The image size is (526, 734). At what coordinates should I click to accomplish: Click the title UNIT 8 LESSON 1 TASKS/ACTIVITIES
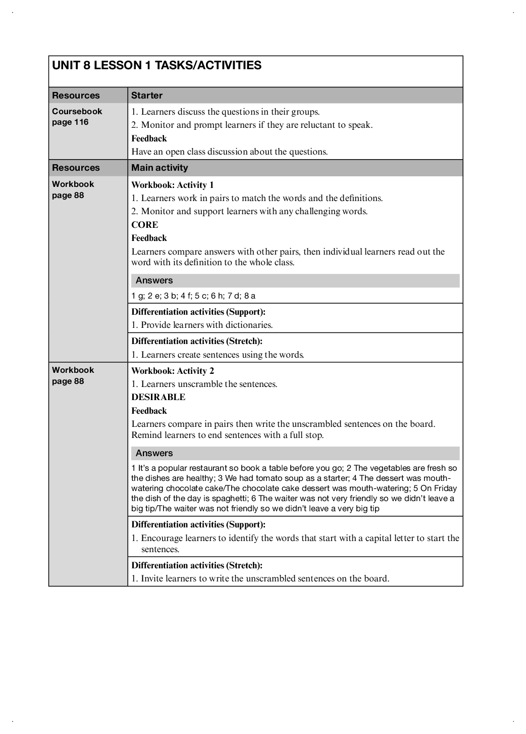point(156,65)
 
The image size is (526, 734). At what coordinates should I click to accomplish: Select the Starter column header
point(146,95)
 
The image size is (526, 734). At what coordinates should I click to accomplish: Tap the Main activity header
point(160,168)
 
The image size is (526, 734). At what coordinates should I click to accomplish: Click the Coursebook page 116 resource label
point(77,117)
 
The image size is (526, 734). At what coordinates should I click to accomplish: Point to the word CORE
point(144,225)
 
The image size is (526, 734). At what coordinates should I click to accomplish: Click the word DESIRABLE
point(158,397)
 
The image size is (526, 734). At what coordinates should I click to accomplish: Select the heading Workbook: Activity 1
point(173,185)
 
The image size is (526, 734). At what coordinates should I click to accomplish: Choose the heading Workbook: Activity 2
point(173,371)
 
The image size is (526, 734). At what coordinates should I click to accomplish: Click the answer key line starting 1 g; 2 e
point(193,296)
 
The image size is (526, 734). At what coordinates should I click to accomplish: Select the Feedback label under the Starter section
point(149,138)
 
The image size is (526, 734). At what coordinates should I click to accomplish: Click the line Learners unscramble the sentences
point(204,384)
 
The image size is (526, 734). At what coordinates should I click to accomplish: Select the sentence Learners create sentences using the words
point(218,355)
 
